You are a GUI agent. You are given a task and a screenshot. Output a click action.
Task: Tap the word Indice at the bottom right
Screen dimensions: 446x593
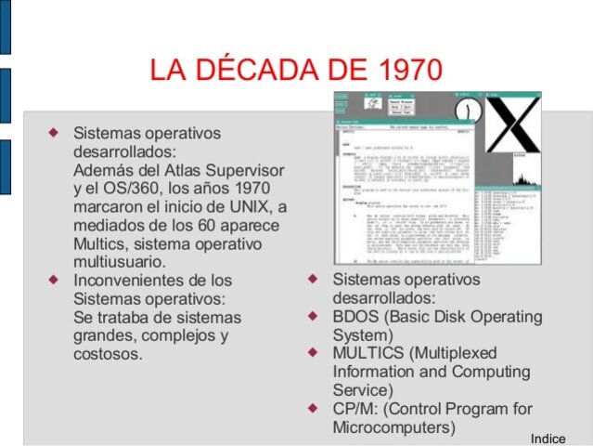coord(548,438)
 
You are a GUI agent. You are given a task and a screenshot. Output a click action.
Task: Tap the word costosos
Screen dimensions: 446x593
coord(107,354)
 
